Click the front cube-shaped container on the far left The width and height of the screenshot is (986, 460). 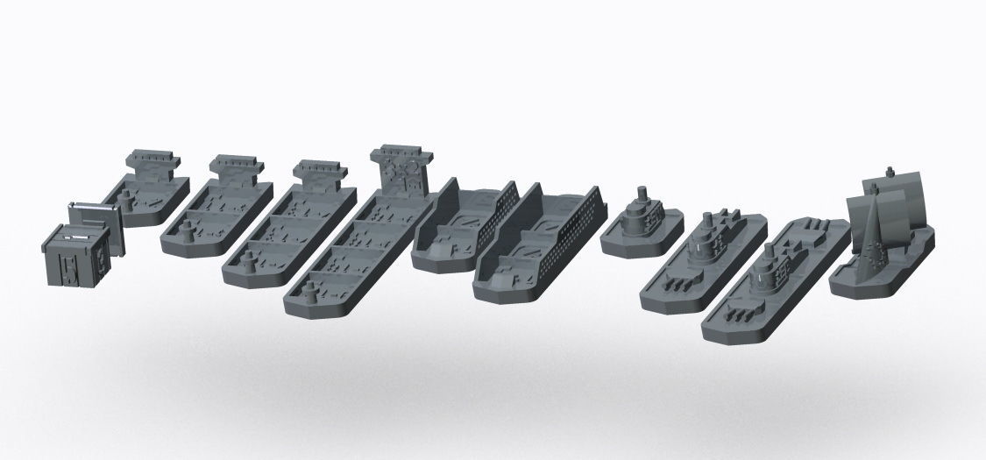click(77, 256)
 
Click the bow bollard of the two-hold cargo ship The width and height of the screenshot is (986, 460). click(189, 231)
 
